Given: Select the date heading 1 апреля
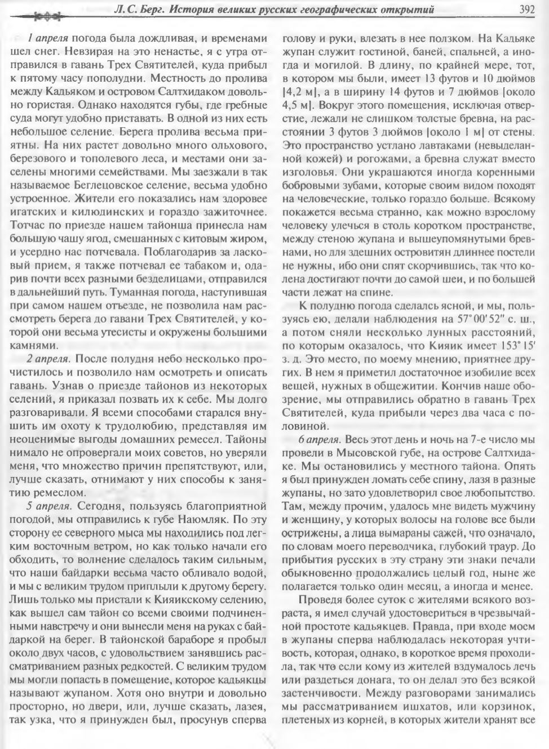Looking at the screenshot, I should pos(47,39).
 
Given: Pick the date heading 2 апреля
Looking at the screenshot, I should pos(47,359).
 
